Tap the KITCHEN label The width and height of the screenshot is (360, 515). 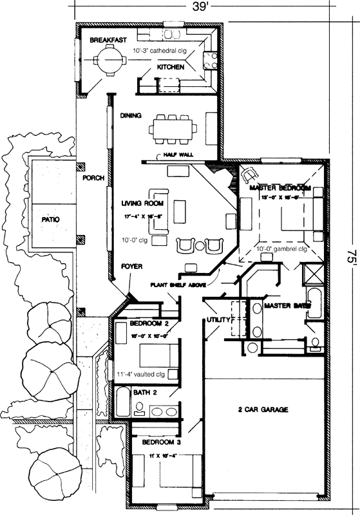171,66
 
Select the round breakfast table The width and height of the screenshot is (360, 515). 105,62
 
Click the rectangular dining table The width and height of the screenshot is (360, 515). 172,127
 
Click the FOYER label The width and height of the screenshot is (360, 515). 131,265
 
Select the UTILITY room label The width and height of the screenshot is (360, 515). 218,320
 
